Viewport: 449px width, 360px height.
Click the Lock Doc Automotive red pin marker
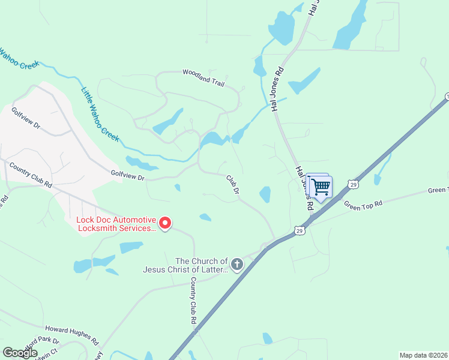pyautogui.click(x=164, y=223)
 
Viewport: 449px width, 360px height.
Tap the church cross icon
pyautogui.click(x=237, y=264)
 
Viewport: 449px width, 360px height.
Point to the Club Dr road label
pyautogui.click(x=233, y=184)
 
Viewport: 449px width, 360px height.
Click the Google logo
pyautogui.click(x=20, y=353)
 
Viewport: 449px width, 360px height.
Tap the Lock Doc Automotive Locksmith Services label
pyautogui.click(x=116, y=224)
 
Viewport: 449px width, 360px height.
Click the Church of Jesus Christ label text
pyautogui.click(x=185, y=265)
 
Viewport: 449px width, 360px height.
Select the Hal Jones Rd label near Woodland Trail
pyautogui.click(x=277, y=90)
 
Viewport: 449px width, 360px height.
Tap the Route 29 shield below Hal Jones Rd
pyautogui.click(x=299, y=230)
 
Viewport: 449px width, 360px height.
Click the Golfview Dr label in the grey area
pyautogui.click(x=26, y=118)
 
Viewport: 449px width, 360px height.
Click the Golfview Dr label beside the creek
pyautogui.click(x=128, y=176)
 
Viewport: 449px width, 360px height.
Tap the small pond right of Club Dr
pyautogui.click(x=265, y=194)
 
